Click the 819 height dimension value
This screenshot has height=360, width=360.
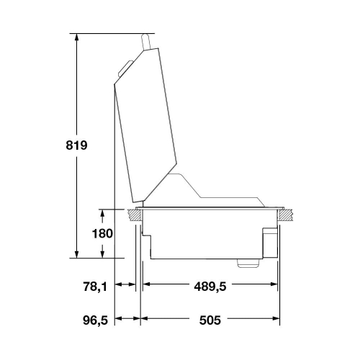click(x=76, y=145)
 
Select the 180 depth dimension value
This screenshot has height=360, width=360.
click(x=102, y=233)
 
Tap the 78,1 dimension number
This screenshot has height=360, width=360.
click(x=95, y=287)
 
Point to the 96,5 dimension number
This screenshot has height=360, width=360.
click(x=96, y=320)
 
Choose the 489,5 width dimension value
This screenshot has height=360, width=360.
click(x=210, y=287)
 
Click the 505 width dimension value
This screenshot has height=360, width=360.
click(x=210, y=320)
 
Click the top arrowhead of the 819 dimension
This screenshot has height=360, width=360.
click(x=76, y=37)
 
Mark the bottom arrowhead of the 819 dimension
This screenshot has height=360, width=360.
click(x=76, y=254)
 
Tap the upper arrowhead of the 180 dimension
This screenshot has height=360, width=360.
click(x=102, y=213)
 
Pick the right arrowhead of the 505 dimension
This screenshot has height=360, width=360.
click(x=276, y=318)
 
